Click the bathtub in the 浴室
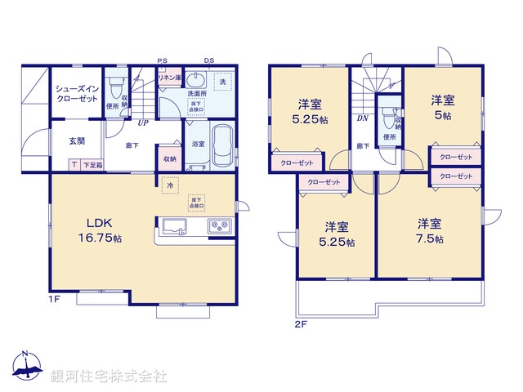[222, 148]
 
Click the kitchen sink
[177, 225]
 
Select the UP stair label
[142, 123]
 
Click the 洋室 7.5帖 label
[430, 230]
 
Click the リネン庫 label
[168, 78]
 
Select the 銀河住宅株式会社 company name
[109, 376]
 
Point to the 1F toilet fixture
[114, 85]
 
